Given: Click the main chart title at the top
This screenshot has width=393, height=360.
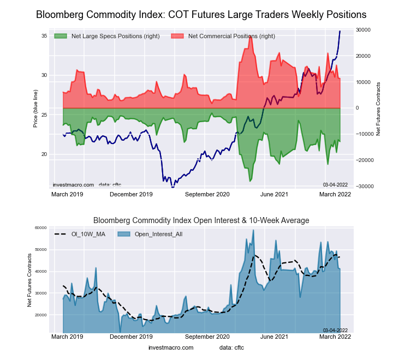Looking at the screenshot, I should tap(201, 14).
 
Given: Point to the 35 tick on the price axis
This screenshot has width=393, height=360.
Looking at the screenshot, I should tap(44, 36).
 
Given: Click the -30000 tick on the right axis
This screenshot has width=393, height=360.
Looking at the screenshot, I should tap(363, 187).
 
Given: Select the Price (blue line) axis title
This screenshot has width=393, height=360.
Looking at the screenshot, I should tap(35, 109).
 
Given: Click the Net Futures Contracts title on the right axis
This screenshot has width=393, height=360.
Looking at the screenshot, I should tap(378, 109).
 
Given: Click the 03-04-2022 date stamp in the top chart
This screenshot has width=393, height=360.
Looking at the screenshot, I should tap(336, 184).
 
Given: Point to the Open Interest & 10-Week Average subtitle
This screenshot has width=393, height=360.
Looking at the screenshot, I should tap(201, 220).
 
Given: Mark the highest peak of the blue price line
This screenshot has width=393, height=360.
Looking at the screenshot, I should tap(340, 31).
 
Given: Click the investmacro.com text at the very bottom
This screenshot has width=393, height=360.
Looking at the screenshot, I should tap(171, 347).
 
